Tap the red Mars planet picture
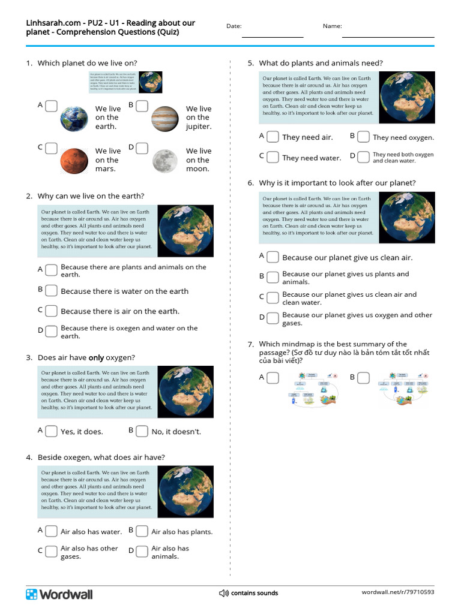coord(74,160)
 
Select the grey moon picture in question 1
coord(164,160)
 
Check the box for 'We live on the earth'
coord(52,106)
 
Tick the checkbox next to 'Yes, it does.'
coord(52,431)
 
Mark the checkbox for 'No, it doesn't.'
coord(142,431)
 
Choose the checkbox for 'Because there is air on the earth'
coord(52,311)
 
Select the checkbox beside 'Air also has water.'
coord(52,531)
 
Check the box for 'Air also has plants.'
coord(142,531)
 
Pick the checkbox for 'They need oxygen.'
coord(363,137)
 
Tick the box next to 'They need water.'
coord(273,157)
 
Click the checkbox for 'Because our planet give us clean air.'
coord(273,257)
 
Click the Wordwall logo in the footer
coord(59,594)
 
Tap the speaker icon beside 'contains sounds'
coord(224,593)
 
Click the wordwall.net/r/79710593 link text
coord(397,592)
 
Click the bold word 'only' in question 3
coord(96,358)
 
